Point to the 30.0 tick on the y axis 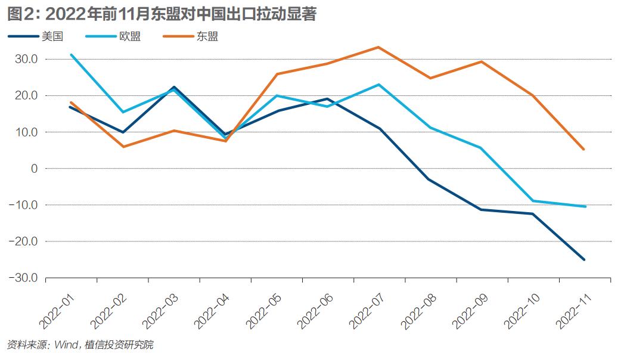coord(26,59)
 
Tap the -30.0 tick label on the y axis coord(23,278)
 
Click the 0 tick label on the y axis coord(33,169)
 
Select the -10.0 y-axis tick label coord(23,205)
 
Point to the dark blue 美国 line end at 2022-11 coord(584,259)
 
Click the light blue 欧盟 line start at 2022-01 coord(71,55)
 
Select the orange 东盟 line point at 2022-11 coord(584,150)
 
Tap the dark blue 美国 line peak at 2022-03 coord(173,87)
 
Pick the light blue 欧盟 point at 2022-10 coord(533,201)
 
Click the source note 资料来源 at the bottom coord(27,345)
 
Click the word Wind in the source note coord(66,345)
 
